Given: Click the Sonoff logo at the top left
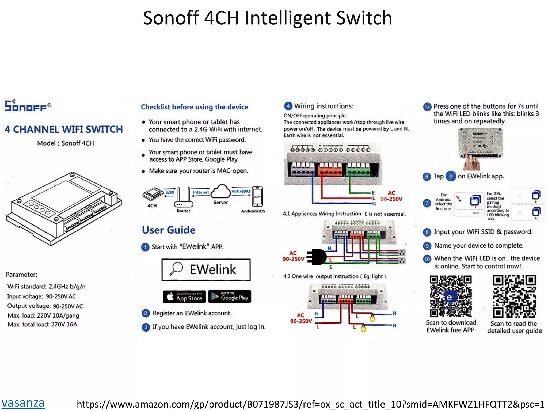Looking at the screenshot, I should coord(28,105).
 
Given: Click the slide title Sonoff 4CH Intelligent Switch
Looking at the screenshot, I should coord(267,18).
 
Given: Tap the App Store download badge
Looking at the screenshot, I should coord(184,297).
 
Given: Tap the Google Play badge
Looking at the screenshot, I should coord(230,296).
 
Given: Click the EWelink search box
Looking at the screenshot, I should coord(206,269).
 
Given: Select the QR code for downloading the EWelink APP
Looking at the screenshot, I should coord(451,296).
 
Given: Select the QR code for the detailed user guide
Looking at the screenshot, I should coord(514,296).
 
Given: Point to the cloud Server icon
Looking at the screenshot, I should coord(221,192).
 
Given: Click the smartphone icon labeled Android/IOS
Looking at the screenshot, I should coord(257,197).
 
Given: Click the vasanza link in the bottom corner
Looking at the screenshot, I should coord(23,403).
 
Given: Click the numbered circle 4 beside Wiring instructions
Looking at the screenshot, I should coord(288,106).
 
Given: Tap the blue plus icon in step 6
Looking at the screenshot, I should coord(451,176).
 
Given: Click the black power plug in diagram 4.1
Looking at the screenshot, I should coord(317,257).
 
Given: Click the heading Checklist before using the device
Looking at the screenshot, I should coord(195,107).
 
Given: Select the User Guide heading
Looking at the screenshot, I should coord(169,230).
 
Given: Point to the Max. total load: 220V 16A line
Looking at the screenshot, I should coord(42,325).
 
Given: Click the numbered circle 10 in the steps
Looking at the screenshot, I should coord(427,259).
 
